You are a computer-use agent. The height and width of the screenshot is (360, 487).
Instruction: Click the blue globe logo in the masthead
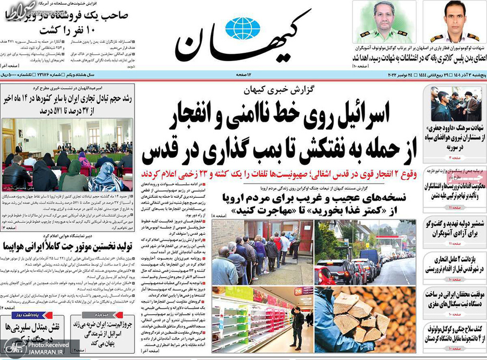click(242, 28)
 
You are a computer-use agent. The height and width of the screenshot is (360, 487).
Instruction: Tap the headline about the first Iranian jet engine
click(68, 245)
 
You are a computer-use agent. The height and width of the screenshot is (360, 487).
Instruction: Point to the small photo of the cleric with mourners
click(456, 103)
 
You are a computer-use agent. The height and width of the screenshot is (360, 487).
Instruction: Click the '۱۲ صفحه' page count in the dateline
click(245, 76)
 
